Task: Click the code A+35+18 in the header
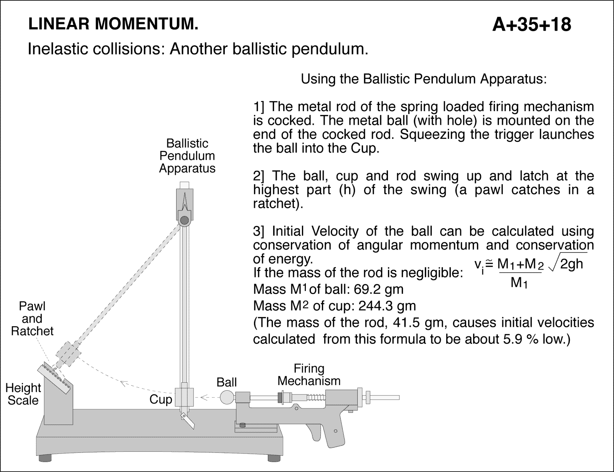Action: [531, 25]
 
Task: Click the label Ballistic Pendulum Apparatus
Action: [187, 156]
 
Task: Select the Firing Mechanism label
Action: [309, 375]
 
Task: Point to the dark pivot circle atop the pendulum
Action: [185, 220]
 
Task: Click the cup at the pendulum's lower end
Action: [184, 397]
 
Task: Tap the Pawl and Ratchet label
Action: [32, 319]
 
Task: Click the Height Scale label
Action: [23, 394]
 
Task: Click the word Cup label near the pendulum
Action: [160, 400]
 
